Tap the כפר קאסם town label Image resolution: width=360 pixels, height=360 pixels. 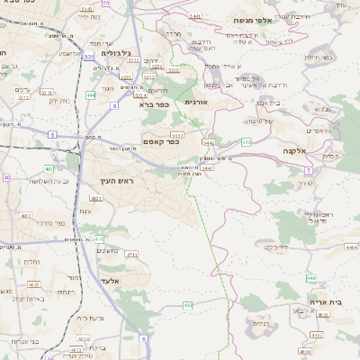[161, 141]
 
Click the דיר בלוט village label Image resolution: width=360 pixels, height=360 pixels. [270, 244]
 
